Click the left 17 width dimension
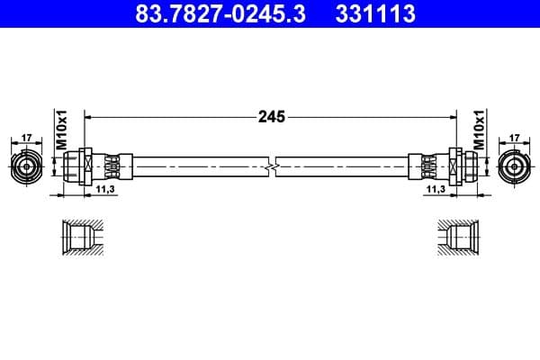26,139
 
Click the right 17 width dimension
514,139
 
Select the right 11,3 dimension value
436,191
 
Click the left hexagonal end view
26,167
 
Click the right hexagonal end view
514,167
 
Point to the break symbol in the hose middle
271,167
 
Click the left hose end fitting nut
80,167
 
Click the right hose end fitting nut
460,167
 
